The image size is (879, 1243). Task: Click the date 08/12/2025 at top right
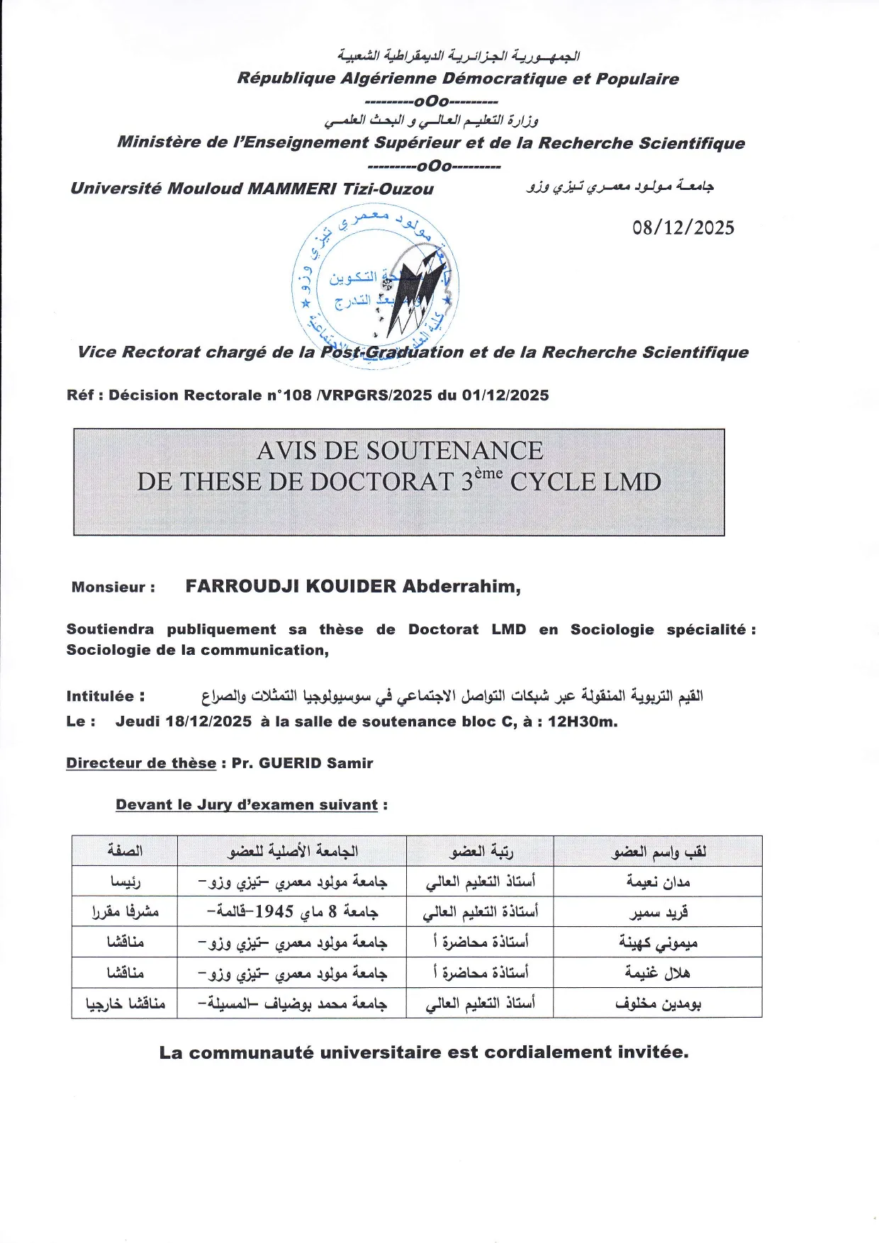point(683,227)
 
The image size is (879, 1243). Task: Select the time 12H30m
point(582,722)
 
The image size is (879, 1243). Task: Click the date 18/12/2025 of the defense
point(208,722)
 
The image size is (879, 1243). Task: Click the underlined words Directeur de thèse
point(141,763)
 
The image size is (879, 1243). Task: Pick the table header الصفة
point(125,851)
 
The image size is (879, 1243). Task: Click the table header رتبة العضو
point(481,851)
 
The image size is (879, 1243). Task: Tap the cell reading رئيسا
point(125,882)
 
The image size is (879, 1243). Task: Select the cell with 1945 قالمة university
point(292,912)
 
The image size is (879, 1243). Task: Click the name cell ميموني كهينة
point(658,943)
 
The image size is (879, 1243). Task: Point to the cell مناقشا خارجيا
point(125,1003)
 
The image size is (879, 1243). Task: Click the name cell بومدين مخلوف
point(658,1003)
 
